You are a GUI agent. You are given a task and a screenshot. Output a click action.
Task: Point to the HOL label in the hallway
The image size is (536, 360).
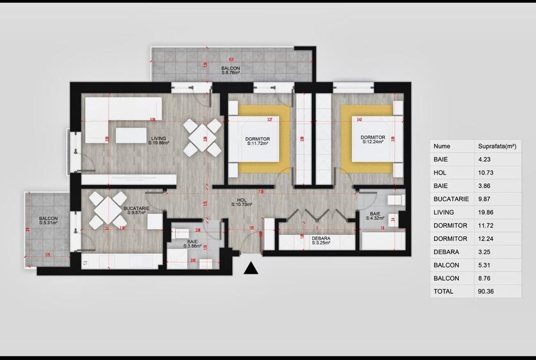coord(242,202)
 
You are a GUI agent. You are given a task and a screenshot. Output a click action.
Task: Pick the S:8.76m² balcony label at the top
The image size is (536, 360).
coord(230,70)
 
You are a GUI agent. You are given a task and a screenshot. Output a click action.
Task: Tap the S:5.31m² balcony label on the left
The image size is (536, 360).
coord(47,221)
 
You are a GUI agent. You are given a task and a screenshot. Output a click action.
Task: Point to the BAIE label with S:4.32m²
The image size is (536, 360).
coord(374,215)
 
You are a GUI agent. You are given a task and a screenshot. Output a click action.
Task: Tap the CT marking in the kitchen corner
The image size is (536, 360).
coord(85,263)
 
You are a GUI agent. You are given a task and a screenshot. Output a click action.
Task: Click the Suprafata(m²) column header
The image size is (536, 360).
coord(496,146)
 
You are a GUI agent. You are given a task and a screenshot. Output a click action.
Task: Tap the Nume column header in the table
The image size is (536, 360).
coord(441,146)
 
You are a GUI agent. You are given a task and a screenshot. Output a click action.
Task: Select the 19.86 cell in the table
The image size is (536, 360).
coord(487,212)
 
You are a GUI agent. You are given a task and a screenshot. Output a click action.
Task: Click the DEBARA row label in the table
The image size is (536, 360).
coord(445,252)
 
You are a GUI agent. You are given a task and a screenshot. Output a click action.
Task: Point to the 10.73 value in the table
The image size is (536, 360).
coord(487,173)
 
